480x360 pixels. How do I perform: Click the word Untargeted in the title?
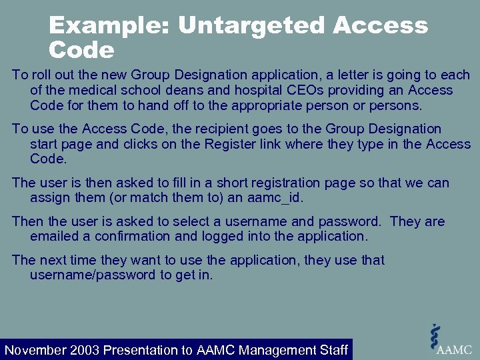(251, 26)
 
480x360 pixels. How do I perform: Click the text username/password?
(92, 275)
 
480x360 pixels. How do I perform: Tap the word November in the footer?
(35, 350)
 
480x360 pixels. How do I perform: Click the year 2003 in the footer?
(85, 350)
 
